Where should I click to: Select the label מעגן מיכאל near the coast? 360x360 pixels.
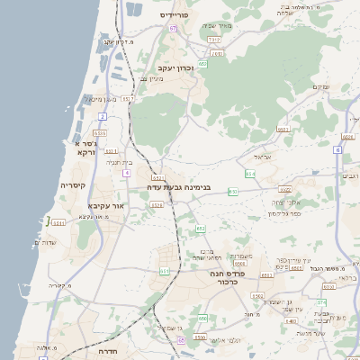pos(103,99)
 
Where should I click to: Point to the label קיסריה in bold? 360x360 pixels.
pos(73,184)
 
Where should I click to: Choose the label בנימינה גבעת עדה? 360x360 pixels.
pos(181,188)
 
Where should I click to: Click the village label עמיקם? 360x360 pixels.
pos(319,86)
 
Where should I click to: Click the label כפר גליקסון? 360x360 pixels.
pos(284,214)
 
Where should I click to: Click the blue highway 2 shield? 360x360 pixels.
pos(103,116)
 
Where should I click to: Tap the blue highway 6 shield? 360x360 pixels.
pos(337,150)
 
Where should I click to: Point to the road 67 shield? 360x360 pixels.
pos(203,64)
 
